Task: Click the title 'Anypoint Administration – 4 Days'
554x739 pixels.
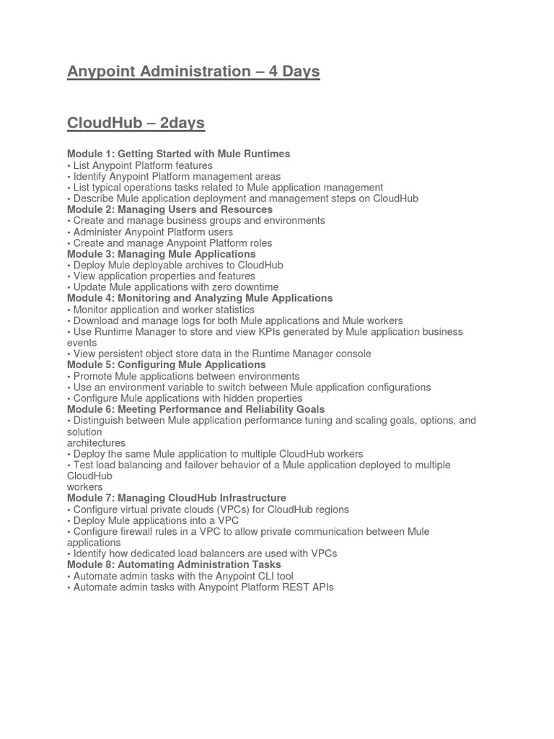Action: click(193, 71)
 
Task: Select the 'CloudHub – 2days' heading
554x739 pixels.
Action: click(136, 123)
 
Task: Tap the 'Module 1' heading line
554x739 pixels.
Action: click(178, 154)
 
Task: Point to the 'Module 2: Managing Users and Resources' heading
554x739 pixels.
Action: click(170, 209)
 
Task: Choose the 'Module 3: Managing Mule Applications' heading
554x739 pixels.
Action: click(161, 254)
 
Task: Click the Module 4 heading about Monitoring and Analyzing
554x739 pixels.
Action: click(200, 298)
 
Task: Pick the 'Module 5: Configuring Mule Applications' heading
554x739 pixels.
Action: click(166, 364)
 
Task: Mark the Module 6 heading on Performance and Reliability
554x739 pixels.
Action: click(195, 409)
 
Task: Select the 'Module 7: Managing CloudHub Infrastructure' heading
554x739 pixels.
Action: click(176, 498)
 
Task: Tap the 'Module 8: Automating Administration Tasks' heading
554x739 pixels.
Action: click(174, 564)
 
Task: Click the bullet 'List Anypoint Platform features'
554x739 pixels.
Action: click(142, 165)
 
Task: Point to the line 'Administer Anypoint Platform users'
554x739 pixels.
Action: click(152, 232)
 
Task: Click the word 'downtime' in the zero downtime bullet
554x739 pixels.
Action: click(253, 287)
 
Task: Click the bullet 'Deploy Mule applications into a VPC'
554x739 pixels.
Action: click(155, 520)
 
